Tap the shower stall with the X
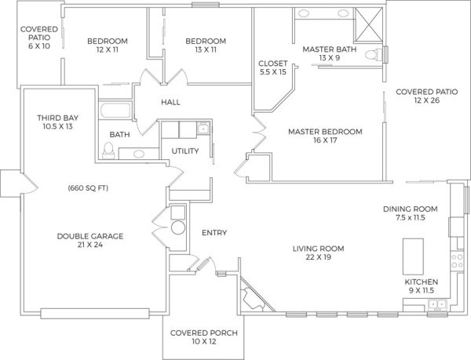[369, 24]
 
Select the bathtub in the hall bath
[115, 110]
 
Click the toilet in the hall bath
[108, 151]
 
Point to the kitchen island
[413, 256]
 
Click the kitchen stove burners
[457, 260]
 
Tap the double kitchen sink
[438, 304]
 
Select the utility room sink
[203, 129]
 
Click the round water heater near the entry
[178, 227]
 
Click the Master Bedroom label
[325, 132]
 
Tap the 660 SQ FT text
[88, 188]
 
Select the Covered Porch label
[204, 333]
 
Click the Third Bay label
[57, 118]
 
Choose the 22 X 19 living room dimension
[319, 257]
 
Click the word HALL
[170, 102]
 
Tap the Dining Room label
[411, 209]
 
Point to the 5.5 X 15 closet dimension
[273, 72]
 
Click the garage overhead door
[95, 314]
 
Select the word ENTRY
[214, 232]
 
